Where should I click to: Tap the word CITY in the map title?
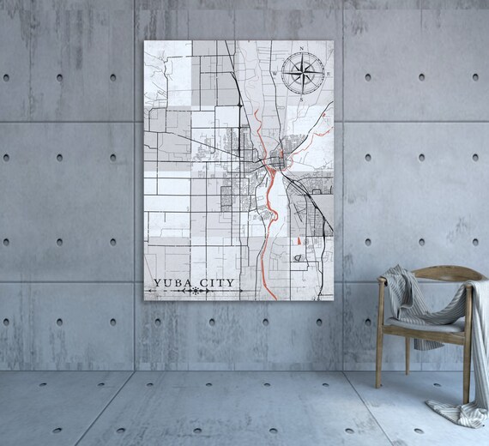213,281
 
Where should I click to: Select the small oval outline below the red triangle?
297,256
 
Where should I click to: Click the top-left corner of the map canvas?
145,40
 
